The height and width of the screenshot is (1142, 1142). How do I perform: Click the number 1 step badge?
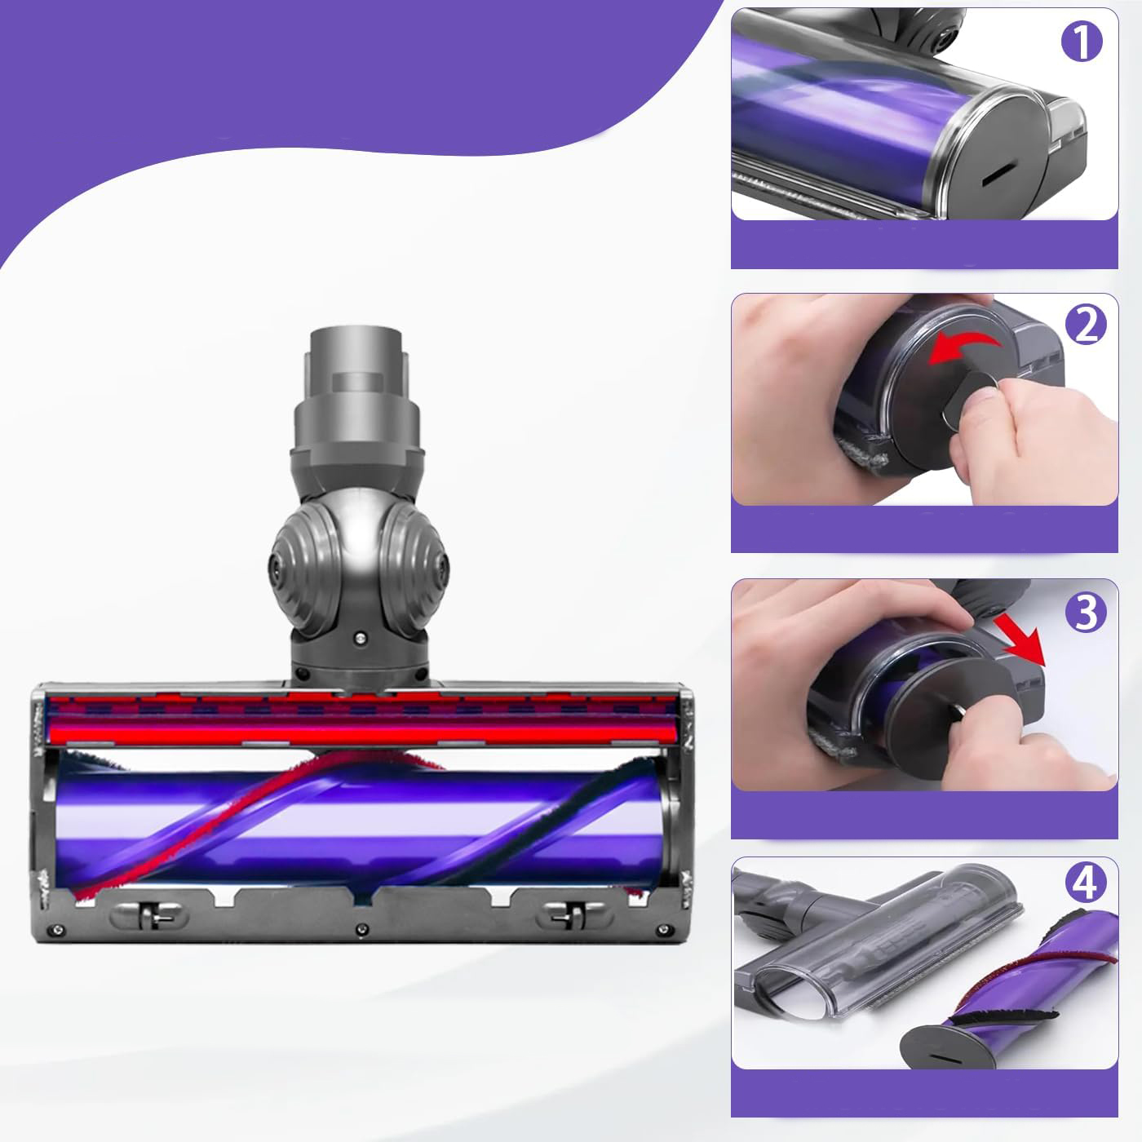(x=1082, y=42)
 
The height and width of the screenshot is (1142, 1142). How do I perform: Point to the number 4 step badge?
(x=1086, y=883)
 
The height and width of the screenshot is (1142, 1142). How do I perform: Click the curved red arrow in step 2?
(x=963, y=347)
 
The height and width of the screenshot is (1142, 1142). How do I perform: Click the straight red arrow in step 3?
(x=1020, y=640)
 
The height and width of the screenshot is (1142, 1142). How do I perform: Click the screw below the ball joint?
(x=361, y=638)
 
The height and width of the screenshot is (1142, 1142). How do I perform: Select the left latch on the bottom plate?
(x=149, y=915)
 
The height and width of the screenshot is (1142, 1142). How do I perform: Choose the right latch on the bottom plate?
(x=573, y=915)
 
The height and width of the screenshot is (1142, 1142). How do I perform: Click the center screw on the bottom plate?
(x=361, y=930)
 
